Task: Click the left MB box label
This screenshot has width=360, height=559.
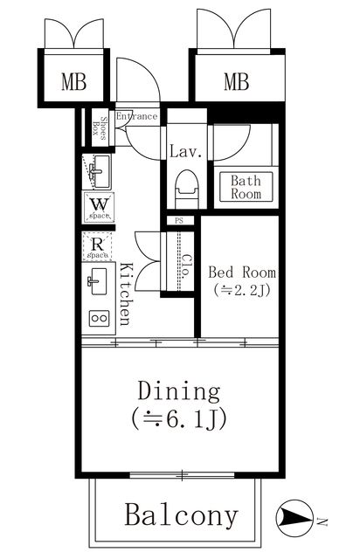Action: coord(74,84)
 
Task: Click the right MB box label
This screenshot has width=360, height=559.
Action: coord(236,83)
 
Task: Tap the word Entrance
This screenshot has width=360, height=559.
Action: coord(136,116)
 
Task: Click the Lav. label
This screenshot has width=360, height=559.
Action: coord(185,151)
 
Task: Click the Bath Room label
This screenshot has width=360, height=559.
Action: coord(246,188)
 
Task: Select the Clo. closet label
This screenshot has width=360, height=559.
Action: coord(186,262)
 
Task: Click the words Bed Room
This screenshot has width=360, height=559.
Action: coord(240,271)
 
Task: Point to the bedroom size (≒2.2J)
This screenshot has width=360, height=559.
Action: coord(240,292)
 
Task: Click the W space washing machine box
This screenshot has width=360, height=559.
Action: coord(97,207)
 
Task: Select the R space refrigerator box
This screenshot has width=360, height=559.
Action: coord(97,248)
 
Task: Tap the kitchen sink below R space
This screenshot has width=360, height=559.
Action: coord(97,282)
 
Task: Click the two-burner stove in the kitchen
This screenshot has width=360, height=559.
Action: coord(97,318)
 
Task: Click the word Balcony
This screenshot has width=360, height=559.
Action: coord(180,515)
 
